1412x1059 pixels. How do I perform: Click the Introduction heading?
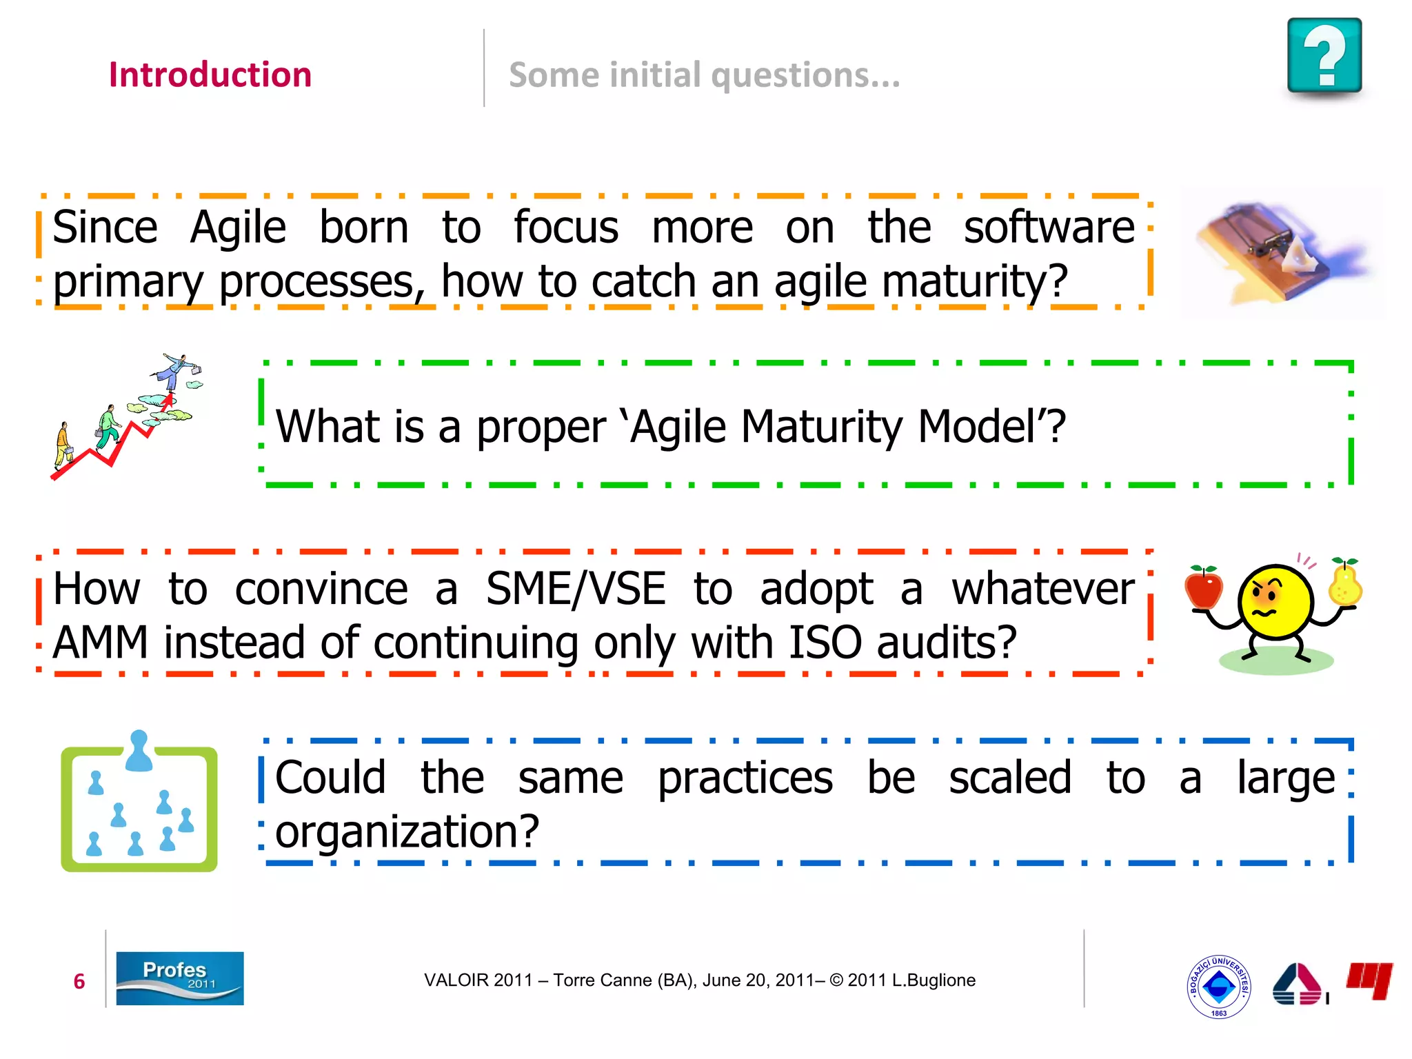(x=210, y=74)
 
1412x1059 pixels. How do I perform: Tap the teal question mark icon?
(x=1324, y=57)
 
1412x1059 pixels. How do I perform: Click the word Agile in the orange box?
(x=238, y=228)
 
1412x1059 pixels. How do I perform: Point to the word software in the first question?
(x=1049, y=228)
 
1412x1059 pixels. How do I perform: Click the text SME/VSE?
(x=576, y=589)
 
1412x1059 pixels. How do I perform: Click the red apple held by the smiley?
(x=1204, y=588)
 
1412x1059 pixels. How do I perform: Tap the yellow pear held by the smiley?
(x=1344, y=584)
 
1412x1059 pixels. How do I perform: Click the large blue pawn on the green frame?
(x=139, y=752)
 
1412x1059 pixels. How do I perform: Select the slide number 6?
(x=79, y=981)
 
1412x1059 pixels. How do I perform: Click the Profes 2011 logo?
(x=179, y=978)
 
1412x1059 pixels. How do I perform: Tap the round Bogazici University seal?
(x=1218, y=987)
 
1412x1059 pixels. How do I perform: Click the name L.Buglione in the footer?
(x=934, y=980)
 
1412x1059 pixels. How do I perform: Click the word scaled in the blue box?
(x=1010, y=778)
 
